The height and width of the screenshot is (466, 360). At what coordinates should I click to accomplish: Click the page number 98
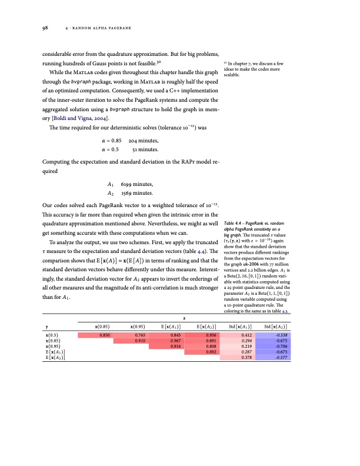pyautogui.click(x=45, y=27)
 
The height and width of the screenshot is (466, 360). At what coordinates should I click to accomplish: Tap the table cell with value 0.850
pyautogui.click(x=105, y=334)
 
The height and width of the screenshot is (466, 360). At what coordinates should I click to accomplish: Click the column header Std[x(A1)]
pyautogui.click(x=245, y=325)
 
